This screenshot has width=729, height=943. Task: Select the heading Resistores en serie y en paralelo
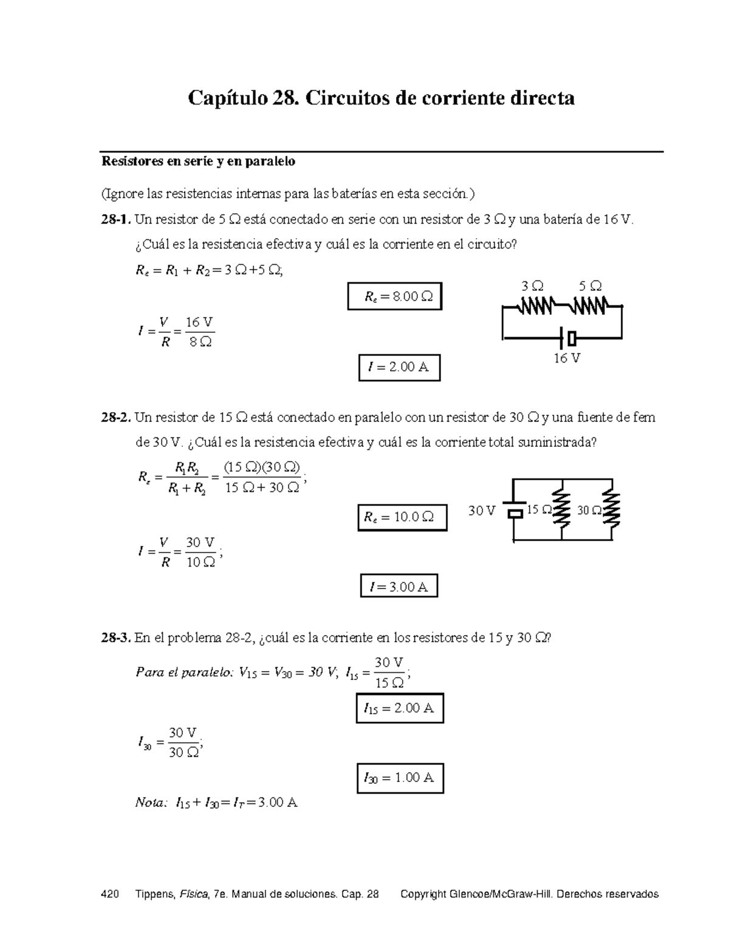point(198,162)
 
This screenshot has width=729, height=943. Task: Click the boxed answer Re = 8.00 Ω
point(395,297)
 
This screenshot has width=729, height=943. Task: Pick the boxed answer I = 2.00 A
point(399,367)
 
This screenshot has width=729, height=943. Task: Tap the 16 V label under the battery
point(566,358)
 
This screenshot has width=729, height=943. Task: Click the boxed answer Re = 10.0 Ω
point(402,517)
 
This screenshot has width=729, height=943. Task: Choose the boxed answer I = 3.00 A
point(399,587)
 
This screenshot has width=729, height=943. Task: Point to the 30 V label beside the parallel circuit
point(482,511)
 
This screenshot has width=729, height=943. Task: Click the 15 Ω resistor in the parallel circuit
point(564,511)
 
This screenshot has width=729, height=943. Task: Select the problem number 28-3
point(115,638)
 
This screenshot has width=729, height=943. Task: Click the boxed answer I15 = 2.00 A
point(399,708)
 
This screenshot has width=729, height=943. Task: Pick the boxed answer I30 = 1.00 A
point(399,778)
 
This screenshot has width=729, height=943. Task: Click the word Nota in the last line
point(149,803)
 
